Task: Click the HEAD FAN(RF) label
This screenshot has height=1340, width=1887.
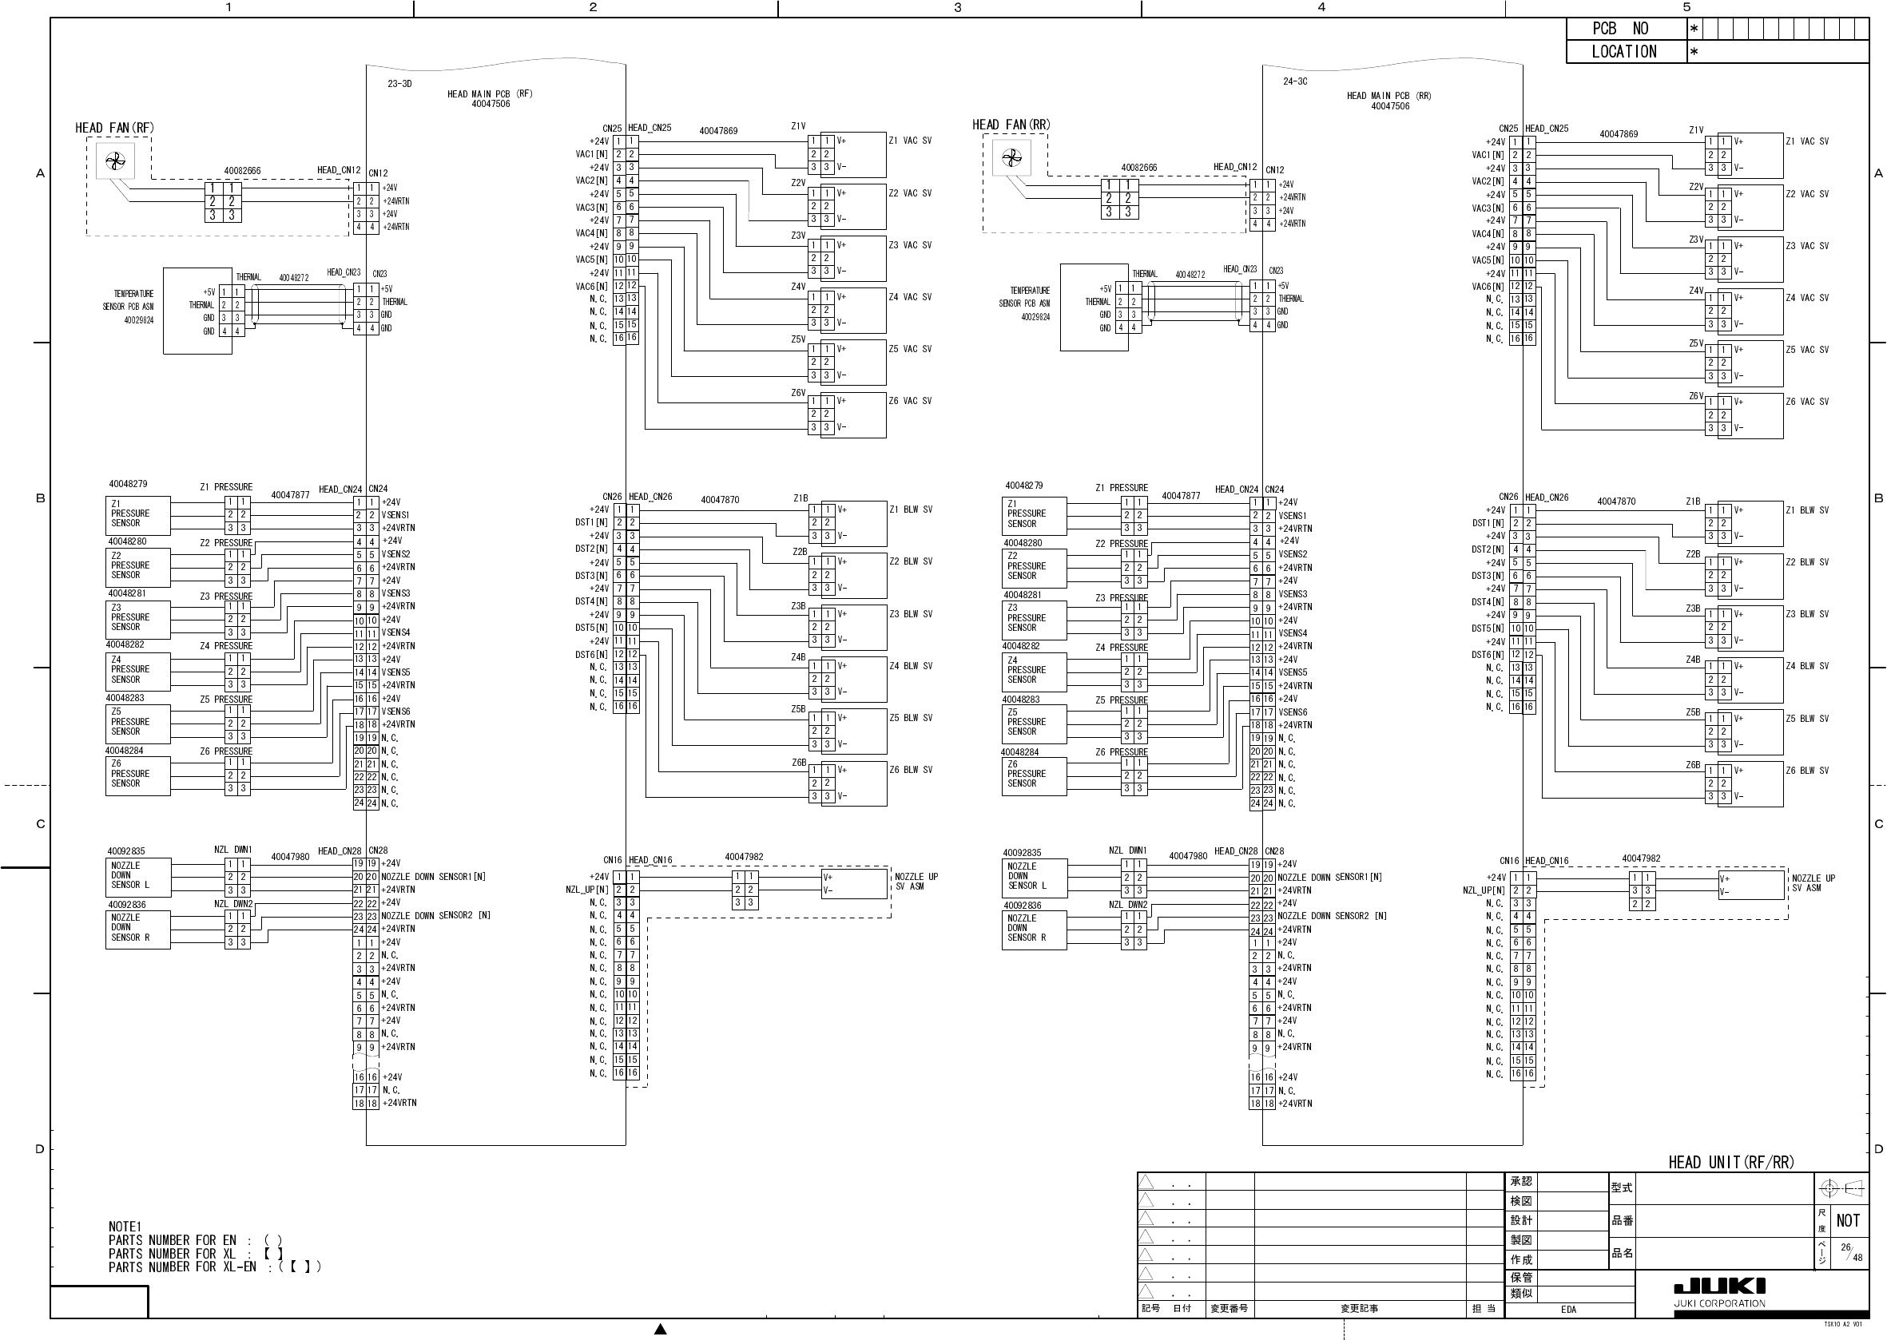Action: click(x=115, y=128)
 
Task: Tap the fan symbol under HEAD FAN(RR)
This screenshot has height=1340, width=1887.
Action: click(x=1011, y=157)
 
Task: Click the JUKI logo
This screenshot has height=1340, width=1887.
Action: click(x=1719, y=1286)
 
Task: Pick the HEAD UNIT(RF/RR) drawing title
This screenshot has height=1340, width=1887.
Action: click(x=1731, y=1163)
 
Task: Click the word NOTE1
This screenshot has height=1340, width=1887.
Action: click(x=125, y=1227)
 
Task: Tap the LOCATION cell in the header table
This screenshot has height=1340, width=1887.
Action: click(x=1624, y=52)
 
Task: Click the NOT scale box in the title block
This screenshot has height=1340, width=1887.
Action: click(x=1848, y=1220)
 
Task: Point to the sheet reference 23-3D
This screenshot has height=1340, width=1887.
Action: click(x=399, y=84)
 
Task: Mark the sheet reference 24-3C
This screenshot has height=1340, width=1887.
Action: click(x=1295, y=81)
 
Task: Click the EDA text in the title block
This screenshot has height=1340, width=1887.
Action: click(x=1568, y=1309)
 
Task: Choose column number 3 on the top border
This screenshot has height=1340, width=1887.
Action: click(x=958, y=7)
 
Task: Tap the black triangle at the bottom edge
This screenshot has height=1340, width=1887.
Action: click(x=661, y=1329)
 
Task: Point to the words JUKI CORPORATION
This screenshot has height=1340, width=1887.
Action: click(x=1719, y=1304)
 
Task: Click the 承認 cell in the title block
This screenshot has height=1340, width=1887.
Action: click(x=1521, y=1182)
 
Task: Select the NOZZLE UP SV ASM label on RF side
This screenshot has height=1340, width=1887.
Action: click(x=916, y=882)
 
